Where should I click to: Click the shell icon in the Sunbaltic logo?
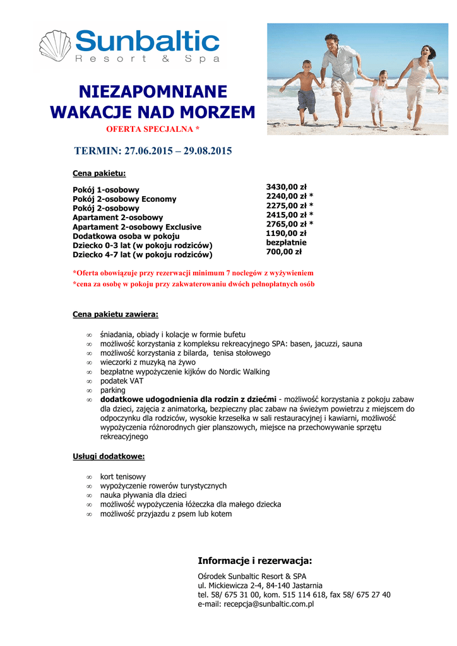(x=56, y=47)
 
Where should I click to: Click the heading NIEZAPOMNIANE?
(x=153, y=91)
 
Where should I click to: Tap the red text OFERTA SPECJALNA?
(x=153, y=129)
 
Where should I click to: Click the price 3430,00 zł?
(x=286, y=187)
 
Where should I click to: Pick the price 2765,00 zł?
(x=287, y=224)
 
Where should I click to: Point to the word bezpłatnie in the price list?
(x=287, y=242)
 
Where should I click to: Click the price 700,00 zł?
(x=284, y=252)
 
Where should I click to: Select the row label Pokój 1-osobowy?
(x=106, y=190)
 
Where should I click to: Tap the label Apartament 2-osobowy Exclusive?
(x=137, y=227)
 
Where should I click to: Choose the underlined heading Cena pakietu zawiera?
(x=116, y=314)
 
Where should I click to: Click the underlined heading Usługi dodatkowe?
(x=109, y=456)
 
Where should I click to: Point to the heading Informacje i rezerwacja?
(x=255, y=561)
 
